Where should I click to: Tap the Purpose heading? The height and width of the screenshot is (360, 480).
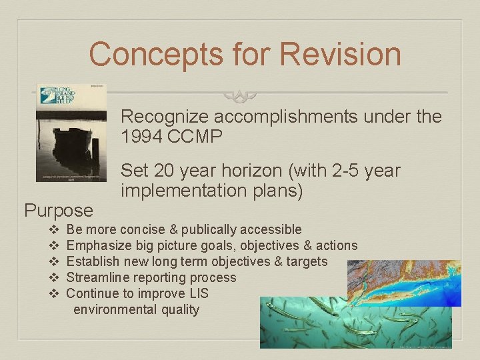click(x=59, y=211)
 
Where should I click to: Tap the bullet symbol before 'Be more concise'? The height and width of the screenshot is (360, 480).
click(x=55, y=229)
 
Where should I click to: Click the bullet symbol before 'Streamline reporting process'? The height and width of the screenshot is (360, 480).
click(x=55, y=277)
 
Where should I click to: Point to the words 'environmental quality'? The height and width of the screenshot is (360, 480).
click(x=136, y=309)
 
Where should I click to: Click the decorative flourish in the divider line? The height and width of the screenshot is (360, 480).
click(x=240, y=95)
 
